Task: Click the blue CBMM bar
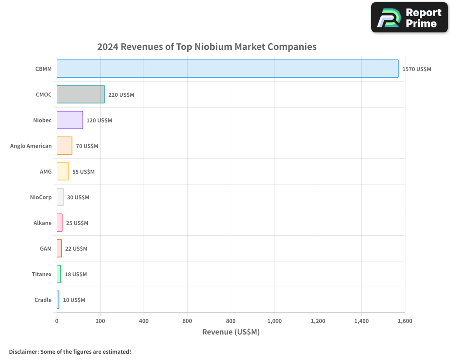pos(227,69)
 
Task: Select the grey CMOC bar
pos(81,94)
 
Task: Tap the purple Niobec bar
pos(70,120)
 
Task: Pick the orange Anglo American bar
pos(64,146)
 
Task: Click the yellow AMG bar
pos(63,171)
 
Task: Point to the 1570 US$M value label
pos(417,69)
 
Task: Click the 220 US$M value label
pos(121,95)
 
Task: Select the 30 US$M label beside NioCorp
pos(78,198)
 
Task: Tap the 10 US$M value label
pos(74,300)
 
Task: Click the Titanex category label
pos(41,274)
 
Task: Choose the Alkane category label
pos(42,223)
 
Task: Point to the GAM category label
pos(45,248)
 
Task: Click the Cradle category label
pos(43,300)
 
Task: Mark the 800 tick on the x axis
pos(231,321)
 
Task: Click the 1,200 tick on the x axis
pos(318,321)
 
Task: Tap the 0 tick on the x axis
pos(57,321)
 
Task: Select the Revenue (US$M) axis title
pos(231,332)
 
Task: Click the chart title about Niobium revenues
pos(207,47)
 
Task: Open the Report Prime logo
pos(409,18)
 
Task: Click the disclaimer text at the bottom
pos(70,351)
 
